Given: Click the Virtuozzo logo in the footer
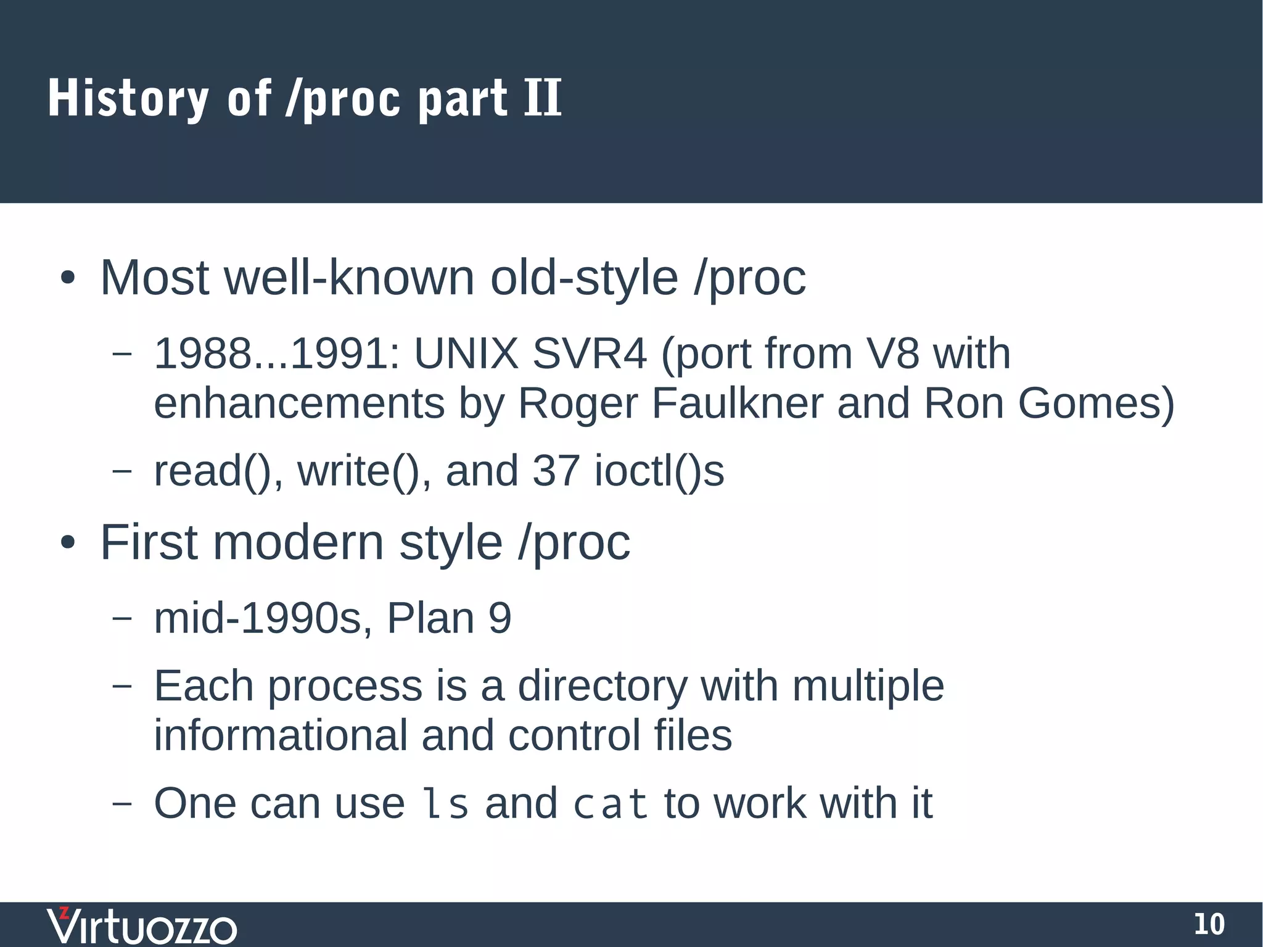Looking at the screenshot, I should (142, 925).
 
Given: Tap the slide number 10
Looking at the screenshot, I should (1209, 924).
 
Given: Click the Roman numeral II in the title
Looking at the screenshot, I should (543, 98).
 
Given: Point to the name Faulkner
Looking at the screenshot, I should (737, 403).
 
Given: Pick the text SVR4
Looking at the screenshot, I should (589, 354).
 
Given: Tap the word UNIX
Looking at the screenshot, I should (466, 354).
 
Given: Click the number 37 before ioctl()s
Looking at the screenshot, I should (556, 471).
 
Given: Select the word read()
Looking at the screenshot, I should (218, 471).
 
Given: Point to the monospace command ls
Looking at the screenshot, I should (444, 804).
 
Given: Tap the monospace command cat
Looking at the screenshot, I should (611, 804).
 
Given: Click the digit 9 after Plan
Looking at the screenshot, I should (500, 618).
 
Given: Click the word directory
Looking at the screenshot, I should (602, 687).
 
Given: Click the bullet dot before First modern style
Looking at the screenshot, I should (68, 544).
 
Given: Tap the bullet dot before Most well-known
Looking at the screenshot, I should (68, 278).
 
